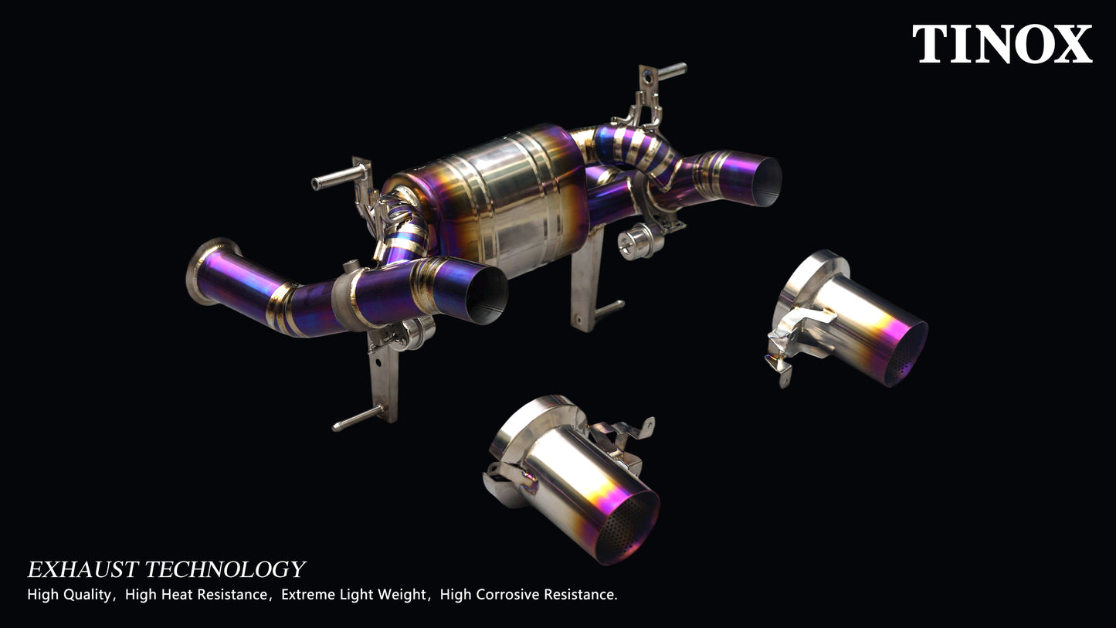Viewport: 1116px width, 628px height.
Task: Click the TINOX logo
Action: [x=1002, y=44]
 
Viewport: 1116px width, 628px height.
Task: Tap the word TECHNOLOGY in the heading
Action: [x=225, y=570]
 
